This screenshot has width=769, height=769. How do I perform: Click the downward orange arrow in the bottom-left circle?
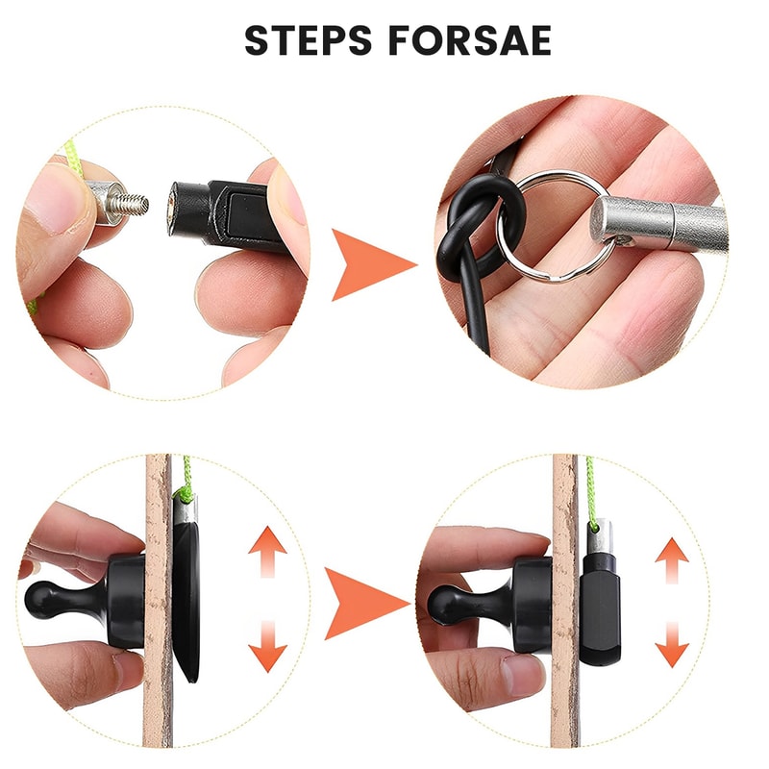tap(267, 647)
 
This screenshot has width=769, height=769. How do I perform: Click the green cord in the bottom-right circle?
tap(590, 486)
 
